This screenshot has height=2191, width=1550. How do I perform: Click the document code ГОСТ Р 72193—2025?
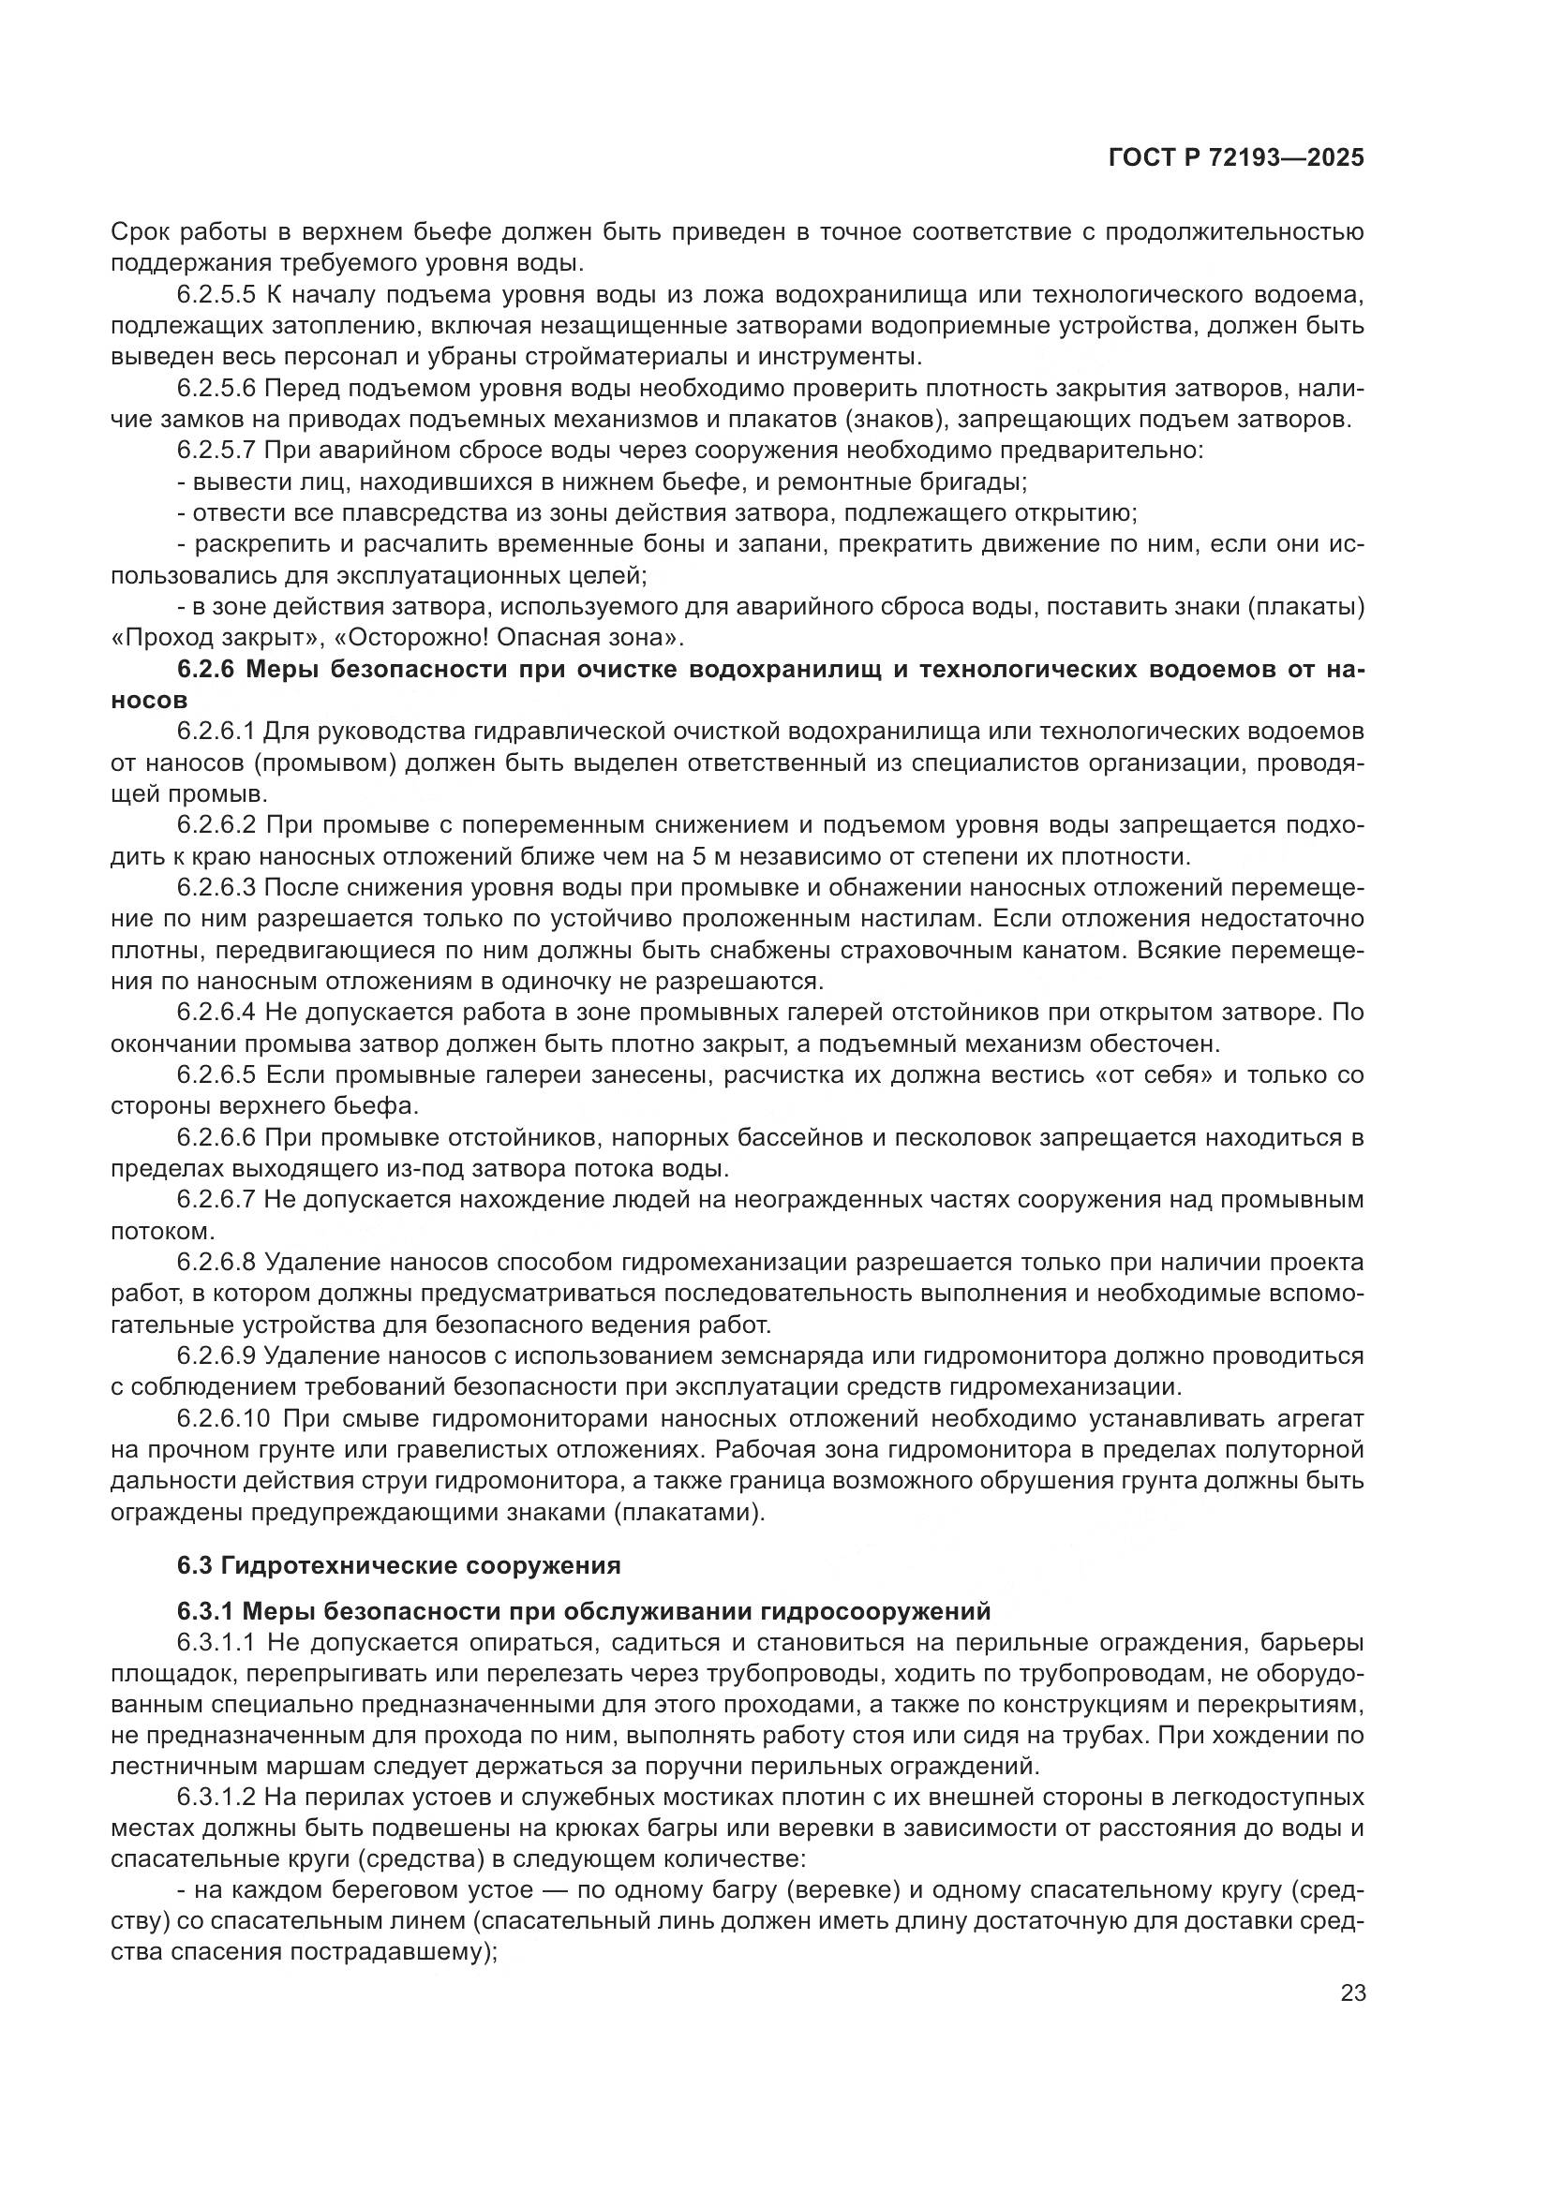(1236, 158)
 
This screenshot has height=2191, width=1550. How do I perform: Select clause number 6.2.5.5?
(216, 295)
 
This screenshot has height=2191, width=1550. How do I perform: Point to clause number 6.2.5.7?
(216, 451)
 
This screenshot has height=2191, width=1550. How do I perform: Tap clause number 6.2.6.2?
(216, 824)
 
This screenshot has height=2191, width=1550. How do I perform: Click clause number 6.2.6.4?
(216, 1013)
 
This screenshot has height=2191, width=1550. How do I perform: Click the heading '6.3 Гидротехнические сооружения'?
(399, 1566)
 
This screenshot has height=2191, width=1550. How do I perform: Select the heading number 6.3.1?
(205, 1612)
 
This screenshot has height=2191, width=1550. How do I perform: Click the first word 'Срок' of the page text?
(140, 232)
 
